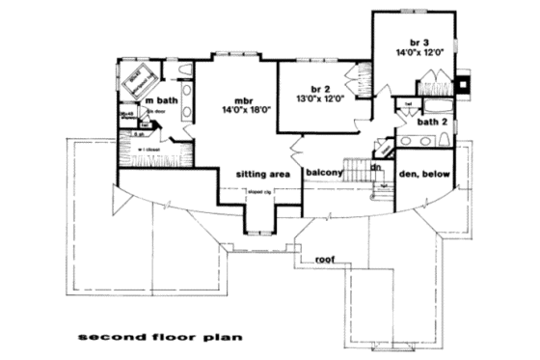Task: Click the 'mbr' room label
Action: [242, 100]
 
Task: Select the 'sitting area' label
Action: [262, 175]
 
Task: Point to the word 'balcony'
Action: [325, 174]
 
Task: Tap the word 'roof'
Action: [325, 260]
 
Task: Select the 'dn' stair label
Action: [376, 167]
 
